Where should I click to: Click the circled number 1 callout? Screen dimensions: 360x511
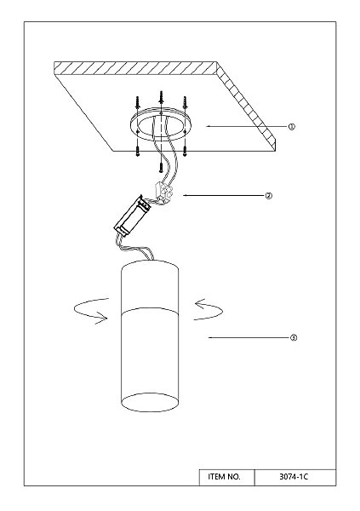(292, 126)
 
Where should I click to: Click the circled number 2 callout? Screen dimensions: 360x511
(268, 196)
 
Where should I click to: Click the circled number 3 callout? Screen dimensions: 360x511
(294, 337)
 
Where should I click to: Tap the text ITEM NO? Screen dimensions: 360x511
(224, 477)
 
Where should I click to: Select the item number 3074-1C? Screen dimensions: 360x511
(294, 477)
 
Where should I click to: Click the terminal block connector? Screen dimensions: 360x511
(163, 193)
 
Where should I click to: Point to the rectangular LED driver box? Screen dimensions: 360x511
(132, 215)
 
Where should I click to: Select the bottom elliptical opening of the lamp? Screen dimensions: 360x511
(150, 402)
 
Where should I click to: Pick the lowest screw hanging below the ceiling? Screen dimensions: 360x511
(161, 167)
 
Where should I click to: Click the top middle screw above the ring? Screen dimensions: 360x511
(161, 97)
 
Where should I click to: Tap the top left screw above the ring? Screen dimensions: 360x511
(138, 101)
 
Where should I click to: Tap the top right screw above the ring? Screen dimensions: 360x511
(185, 101)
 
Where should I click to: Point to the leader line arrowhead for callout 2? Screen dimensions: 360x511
(185, 196)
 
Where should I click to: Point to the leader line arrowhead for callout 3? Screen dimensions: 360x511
(210, 337)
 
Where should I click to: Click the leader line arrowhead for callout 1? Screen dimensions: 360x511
(208, 126)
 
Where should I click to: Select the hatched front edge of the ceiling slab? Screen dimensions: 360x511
(135, 68)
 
